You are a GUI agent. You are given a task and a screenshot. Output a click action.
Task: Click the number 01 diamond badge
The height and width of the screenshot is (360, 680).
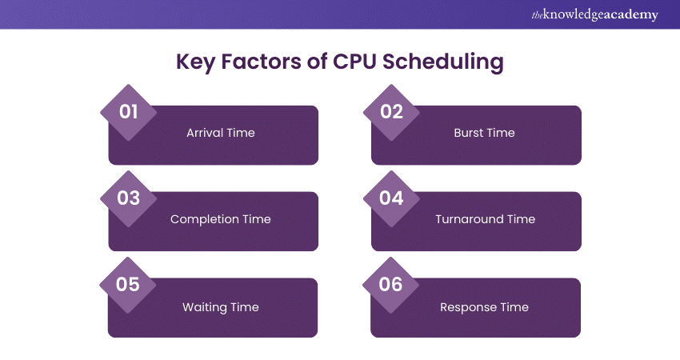click(x=129, y=111)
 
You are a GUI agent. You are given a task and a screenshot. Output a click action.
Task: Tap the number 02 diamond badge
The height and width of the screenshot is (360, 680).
click(x=391, y=111)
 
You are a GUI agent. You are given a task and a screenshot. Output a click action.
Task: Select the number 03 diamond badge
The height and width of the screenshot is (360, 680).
click(x=129, y=198)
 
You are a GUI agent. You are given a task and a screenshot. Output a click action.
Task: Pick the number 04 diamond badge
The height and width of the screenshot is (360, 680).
click(x=391, y=198)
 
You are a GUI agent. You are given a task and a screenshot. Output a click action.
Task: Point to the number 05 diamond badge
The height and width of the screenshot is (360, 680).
click(x=129, y=284)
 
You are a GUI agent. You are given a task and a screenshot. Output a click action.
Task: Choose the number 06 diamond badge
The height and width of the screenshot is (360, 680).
click(x=391, y=284)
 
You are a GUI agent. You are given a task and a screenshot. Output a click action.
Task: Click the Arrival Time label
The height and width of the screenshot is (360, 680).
click(x=220, y=133)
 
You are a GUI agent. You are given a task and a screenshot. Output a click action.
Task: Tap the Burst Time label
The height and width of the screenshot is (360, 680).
click(x=484, y=133)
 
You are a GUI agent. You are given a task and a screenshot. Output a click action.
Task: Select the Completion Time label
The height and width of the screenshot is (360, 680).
click(x=220, y=219)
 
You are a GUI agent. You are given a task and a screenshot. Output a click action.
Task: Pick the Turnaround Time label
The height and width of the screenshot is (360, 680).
click(x=485, y=219)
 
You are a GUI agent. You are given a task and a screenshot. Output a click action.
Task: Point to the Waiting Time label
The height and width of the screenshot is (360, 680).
click(x=220, y=307)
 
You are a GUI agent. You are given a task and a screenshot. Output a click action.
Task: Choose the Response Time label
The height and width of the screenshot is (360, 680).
click(x=484, y=307)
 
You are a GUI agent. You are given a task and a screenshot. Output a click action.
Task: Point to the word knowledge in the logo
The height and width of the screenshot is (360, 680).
click(x=579, y=15)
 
